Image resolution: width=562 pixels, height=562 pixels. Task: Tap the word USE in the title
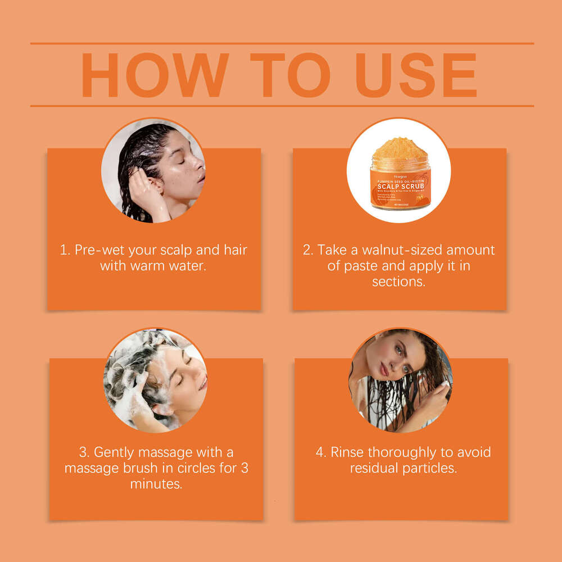[416, 75]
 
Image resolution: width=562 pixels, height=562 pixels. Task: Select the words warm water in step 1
[167, 265]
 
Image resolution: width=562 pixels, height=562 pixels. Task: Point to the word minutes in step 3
[156, 483]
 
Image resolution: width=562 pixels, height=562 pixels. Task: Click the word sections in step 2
[398, 281]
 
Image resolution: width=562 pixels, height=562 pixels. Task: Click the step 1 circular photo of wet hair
[153, 170]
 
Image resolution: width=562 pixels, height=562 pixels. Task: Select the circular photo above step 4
[400, 380]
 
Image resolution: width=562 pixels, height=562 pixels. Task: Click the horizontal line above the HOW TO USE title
[281, 43]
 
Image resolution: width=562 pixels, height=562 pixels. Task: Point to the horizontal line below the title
[281, 106]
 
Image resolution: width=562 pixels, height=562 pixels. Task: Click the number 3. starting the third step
[84, 452]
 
